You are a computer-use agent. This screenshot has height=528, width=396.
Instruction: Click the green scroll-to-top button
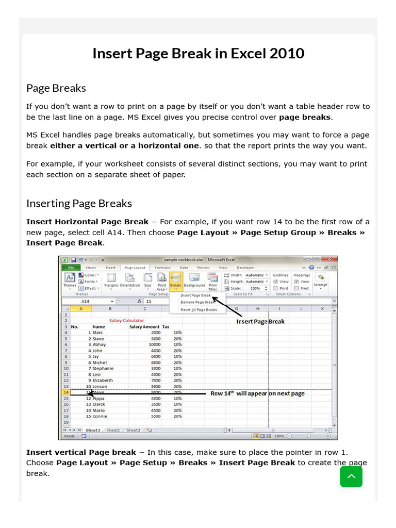(351, 476)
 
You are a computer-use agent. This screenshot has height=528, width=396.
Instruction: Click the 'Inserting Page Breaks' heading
(79, 203)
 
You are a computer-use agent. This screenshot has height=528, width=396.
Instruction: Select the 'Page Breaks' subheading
(56, 88)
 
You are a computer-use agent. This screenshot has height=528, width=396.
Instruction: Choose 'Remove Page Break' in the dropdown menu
(197, 302)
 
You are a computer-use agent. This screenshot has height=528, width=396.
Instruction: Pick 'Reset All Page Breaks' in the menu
(199, 310)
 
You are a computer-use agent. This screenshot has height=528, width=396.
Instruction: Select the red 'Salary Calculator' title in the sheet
(126, 320)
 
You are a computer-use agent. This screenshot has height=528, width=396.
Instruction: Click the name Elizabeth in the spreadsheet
(103, 380)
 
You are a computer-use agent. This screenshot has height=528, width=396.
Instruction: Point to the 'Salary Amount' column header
(144, 326)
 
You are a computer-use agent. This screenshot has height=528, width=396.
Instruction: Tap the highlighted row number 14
(65, 392)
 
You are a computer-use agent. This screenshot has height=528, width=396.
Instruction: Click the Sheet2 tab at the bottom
(112, 430)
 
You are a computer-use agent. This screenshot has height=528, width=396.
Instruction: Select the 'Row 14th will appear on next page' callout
(257, 393)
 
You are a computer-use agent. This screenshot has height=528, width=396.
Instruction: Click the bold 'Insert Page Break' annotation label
(260, 321)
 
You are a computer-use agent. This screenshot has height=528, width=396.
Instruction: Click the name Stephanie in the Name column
(103, 368)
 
